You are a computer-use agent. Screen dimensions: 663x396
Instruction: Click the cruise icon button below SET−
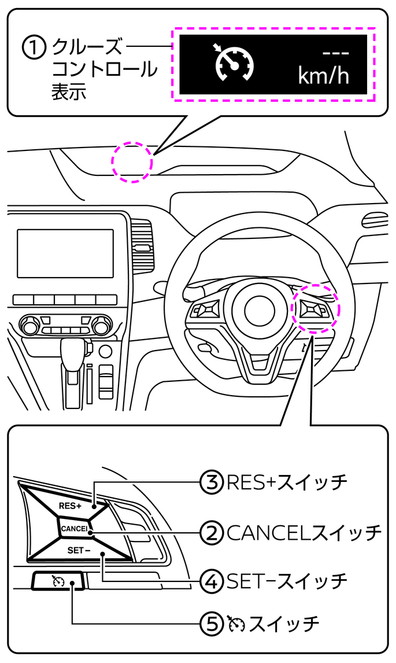[x=57, y=581]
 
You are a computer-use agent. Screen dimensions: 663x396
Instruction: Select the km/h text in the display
[x=323, y=76]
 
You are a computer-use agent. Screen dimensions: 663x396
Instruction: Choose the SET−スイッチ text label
[x=286, y=580]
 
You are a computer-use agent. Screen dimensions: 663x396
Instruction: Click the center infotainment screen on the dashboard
[x=65, y=253]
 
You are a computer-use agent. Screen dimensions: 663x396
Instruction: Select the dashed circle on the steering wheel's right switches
[x=316, y=308]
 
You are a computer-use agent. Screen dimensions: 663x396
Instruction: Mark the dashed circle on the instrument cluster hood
[x=132, y=162]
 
